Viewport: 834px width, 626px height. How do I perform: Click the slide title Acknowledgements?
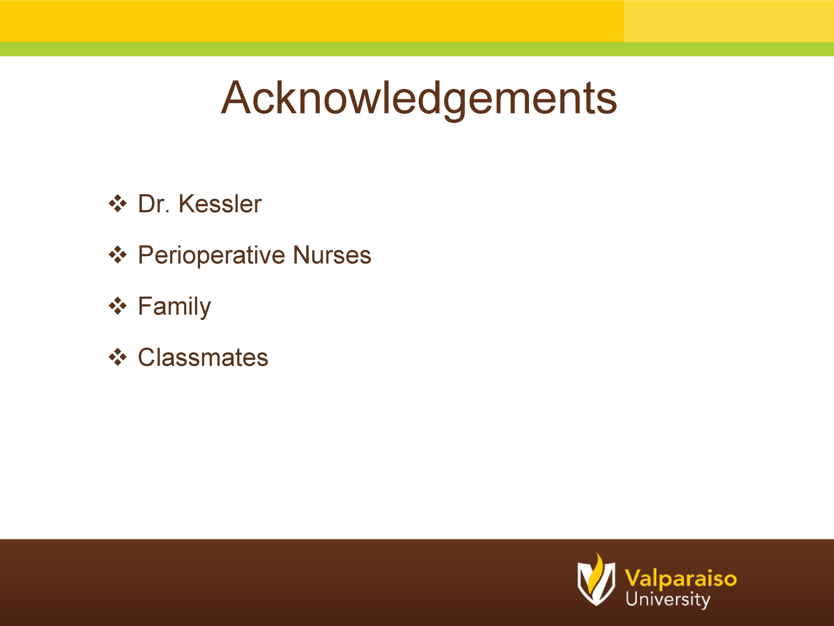(x=418, y=98)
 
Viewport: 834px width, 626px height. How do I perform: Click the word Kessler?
(x=220, y=204)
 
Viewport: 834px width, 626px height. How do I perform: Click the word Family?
(x=174, y=306)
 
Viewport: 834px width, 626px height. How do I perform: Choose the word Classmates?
(x=203, y=357)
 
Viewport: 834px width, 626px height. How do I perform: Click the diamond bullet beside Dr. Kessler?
(x=118, y=204)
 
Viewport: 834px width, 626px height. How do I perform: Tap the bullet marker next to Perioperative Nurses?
(x=118, y=255)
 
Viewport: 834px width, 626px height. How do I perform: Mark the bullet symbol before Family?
(x=118, y=306)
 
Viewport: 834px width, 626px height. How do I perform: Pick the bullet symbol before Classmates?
(x=118, y=357)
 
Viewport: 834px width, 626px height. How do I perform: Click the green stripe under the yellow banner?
(x=415, y=49)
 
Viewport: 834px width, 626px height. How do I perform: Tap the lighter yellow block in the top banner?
(x=728, y=21)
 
